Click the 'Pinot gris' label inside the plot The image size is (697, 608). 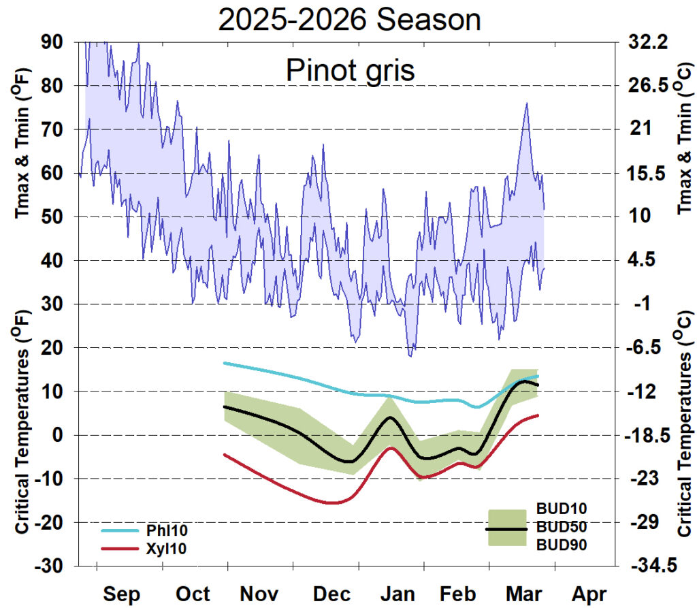coord(349,69)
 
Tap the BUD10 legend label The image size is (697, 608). coord(562,509)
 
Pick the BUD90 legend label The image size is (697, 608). coord(562,545)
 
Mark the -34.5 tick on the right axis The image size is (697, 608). coord(647,566)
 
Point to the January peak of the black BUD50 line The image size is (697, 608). coord(389,417)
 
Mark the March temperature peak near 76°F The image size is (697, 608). coord(526,103)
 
